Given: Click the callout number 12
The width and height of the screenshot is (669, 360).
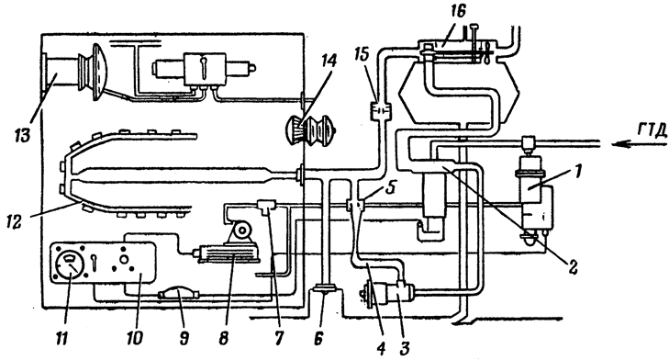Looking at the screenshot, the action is [15, 221].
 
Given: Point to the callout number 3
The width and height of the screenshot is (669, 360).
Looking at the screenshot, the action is [405, 347].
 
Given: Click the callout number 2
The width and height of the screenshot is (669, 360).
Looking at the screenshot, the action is [572, 267].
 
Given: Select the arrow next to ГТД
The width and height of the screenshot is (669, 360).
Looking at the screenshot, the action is [639, 145].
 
